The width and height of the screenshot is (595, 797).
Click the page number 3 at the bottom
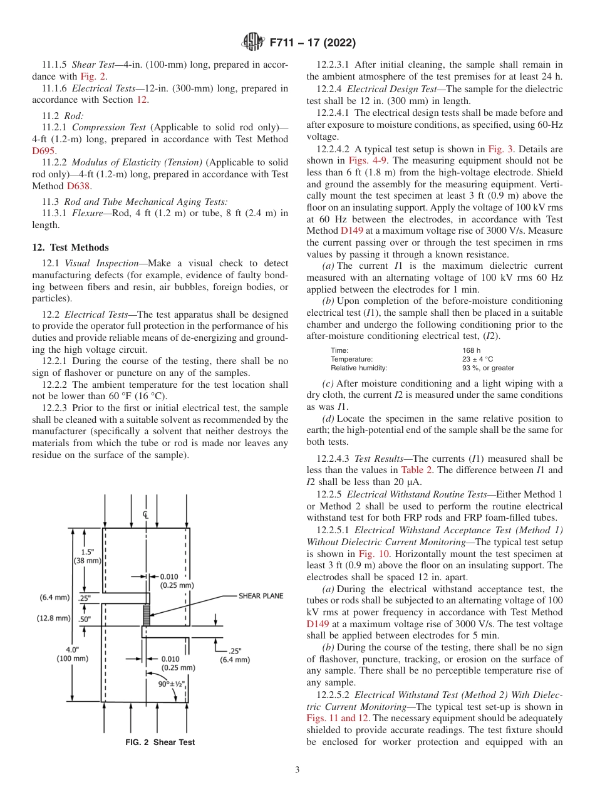tap(297, 769)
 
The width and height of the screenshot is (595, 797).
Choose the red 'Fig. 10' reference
tap(373, 554)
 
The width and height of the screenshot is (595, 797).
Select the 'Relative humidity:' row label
tap(359, 368)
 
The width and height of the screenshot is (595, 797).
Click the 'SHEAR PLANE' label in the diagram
tap(264, 596)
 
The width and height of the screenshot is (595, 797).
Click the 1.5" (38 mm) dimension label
tap(87, 556)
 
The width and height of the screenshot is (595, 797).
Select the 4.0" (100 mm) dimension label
tap(73, 654)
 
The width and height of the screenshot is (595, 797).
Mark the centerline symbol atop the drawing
tap(145, 515)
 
